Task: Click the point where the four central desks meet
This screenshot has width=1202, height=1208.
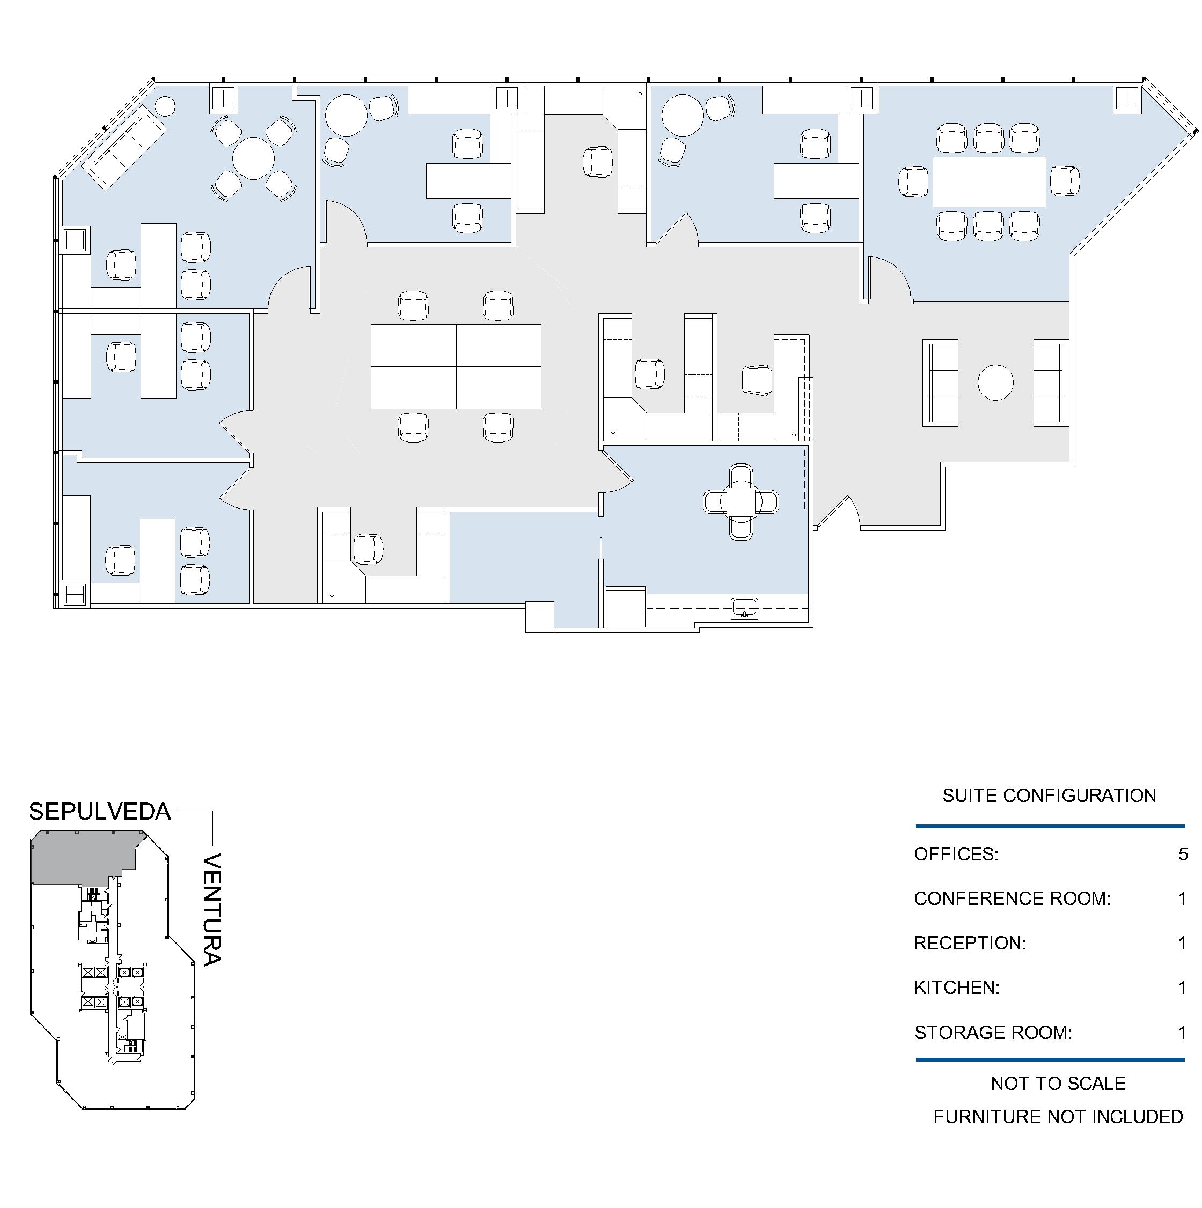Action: (456, 366)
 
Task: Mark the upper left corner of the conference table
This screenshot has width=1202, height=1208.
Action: (933, 157)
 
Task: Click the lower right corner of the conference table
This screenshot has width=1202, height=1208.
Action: (1046, 207)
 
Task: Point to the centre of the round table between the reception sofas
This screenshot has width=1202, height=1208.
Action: (995, 382)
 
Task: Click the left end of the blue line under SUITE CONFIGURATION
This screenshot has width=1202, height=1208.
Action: (916, 827)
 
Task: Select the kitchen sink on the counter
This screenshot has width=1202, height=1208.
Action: (744, 608)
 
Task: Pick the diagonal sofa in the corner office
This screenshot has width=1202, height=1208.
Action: (127, 148)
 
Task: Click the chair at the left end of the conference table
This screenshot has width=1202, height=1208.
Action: (914, 182)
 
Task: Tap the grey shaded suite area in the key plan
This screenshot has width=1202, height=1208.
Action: (82, 857)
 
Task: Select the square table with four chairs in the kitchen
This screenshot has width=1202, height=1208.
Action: (741, 502)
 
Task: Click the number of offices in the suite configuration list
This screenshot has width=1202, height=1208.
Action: (1183, 854)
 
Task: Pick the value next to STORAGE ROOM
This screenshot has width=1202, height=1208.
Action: (1183, 1032)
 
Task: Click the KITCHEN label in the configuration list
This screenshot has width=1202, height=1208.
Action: (957, 988)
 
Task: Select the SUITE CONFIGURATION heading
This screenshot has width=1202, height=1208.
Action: (1050, 796)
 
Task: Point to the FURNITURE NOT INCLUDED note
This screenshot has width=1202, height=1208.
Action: (1058, 1117)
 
